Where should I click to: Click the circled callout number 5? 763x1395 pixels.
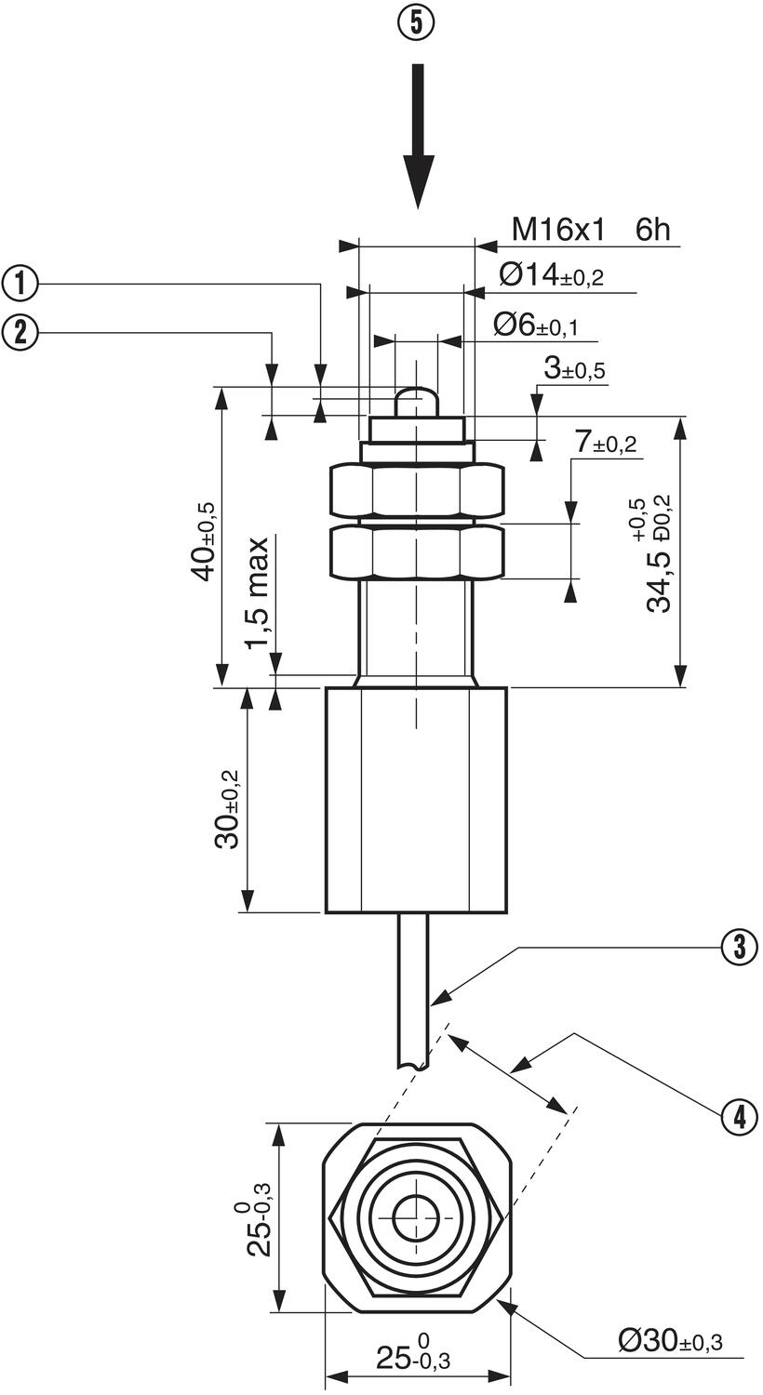click(417, 23)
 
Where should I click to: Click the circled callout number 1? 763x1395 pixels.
click(20, 283)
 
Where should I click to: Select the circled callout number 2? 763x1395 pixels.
click(20, 331)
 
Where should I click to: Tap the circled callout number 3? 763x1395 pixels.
click(739, 948)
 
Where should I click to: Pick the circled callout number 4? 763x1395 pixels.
click(739, 1116)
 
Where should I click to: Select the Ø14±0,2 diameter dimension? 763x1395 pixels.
click(551, 275)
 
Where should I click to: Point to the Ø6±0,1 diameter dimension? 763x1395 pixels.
click(535, 325)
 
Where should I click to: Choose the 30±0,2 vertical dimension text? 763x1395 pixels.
click(226, 809)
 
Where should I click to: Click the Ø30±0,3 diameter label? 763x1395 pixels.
click(669, 1340)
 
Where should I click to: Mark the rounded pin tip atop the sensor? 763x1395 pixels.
click(417, 403)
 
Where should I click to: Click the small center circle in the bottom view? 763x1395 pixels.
click(416, 1218)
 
